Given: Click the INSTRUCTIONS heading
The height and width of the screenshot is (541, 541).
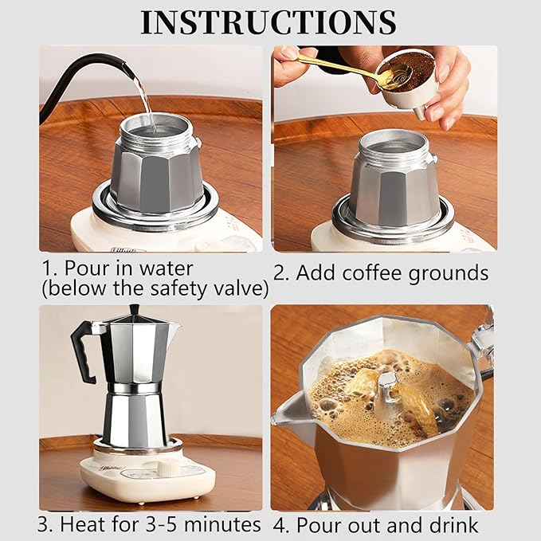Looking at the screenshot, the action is pyautogui.click(x=269, y=22).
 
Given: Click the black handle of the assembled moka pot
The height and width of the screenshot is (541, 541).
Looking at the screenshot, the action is pyautogui.click(x=84, y=351).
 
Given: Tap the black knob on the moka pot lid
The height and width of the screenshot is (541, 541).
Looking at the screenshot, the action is pyautogui.click(x=134, y=310).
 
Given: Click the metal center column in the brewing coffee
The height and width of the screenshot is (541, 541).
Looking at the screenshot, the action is pyautogui.click(x=389, y=395).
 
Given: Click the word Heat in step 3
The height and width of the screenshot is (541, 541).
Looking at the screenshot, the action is pyautogui.click(x=82, y=524).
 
